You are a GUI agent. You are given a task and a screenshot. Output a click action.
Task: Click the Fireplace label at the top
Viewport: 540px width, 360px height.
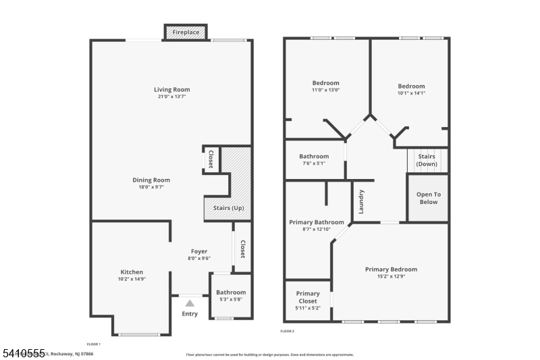(186, 32)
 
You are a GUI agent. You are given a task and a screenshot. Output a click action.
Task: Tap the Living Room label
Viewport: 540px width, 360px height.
(171, 89)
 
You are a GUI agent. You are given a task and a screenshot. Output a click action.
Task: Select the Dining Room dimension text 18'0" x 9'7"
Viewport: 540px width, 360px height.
(151, 187)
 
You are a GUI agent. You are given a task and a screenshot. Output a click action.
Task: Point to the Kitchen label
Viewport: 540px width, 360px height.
(132, 272)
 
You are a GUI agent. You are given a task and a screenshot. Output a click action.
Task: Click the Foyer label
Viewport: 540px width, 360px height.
(198, 251)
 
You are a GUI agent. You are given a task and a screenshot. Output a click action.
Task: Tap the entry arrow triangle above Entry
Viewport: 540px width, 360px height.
(190, 303)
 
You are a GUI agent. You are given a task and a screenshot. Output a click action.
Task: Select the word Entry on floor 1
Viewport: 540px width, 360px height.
(190, 313)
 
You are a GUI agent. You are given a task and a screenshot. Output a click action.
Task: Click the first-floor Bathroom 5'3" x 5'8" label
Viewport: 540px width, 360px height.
(231, 292)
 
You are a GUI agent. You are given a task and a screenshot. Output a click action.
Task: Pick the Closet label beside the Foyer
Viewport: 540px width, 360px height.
(242, 250)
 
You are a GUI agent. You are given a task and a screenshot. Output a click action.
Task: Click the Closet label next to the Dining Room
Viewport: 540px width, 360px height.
(211, 159)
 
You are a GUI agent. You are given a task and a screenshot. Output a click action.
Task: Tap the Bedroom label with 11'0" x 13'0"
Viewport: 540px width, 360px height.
(325, 83)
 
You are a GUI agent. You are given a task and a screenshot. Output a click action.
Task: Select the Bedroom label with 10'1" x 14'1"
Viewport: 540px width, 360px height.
(411, 86)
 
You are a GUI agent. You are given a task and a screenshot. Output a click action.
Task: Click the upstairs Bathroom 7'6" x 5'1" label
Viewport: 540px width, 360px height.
(314, 157)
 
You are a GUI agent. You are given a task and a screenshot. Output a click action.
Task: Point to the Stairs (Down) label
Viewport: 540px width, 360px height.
(426, 159)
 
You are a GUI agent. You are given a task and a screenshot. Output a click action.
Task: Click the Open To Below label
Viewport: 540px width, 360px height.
(428, 198)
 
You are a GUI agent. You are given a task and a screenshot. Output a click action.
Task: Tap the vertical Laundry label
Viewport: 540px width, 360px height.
(361, 201)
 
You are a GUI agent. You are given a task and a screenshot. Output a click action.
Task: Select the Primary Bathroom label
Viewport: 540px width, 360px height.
(317, 222)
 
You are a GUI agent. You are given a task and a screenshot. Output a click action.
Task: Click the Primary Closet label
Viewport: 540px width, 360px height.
(308, 297)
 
